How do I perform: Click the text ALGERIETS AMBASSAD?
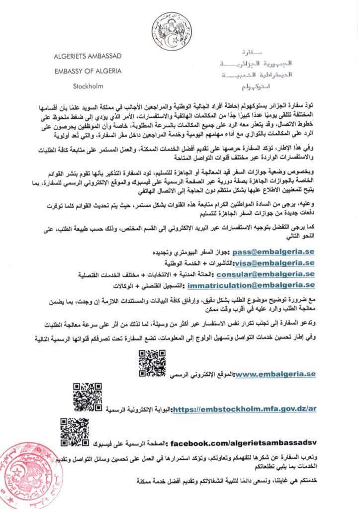[88, 57]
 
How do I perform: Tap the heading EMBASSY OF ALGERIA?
[88, 71]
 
